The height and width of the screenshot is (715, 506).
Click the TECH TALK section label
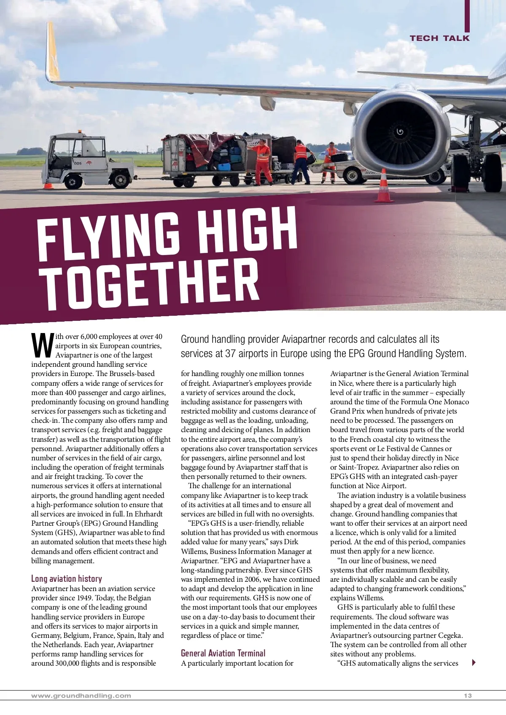[439, 38]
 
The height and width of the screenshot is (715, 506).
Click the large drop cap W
[42, 345]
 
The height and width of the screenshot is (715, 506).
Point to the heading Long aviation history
[67, 578]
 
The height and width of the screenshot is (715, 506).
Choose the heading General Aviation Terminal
[223, 653]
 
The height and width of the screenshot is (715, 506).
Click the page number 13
[468, 696]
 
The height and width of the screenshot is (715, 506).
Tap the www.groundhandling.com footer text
[81, 696]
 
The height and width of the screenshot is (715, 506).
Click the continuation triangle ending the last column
[474, 662]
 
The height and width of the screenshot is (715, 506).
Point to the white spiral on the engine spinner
[400, 132]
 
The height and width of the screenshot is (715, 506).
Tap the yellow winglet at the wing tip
[52, 53]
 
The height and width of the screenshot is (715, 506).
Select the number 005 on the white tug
[78, 163]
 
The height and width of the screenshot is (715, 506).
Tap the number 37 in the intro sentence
[230, 353]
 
